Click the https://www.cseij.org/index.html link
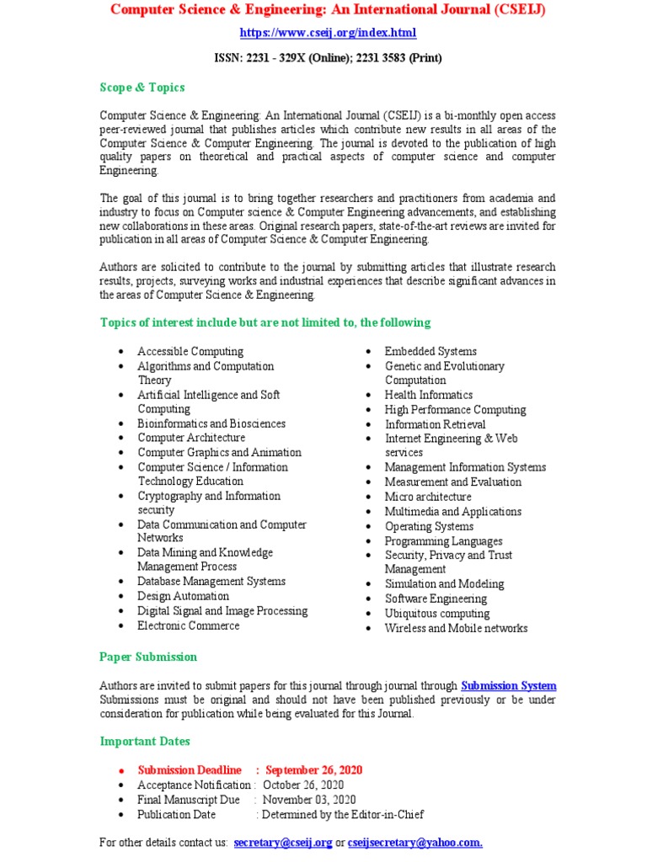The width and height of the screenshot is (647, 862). point(328,34)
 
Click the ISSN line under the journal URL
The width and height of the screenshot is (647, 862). point(328,58)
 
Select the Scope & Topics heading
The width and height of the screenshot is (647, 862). point(142,88)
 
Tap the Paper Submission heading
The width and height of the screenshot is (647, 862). point(148,657)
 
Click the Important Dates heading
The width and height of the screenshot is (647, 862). point(145,742)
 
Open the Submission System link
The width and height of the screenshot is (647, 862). point(509,686)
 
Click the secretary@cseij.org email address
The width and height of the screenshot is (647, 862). point(283,842)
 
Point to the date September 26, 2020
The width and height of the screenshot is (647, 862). point(314,770)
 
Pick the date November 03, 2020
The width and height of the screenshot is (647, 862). point(309,800)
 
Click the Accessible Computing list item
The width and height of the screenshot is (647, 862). point(190,352)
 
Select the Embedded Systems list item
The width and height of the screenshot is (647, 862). point(430,352)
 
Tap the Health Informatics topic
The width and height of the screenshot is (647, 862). point(429,395)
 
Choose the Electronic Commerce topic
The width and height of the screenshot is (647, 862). point(189,625)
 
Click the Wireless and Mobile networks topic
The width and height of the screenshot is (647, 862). point(456,628)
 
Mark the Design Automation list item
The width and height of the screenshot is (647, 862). point(183,596)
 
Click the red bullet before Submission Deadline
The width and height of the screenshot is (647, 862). point(121,771)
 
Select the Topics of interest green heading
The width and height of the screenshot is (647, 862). point(265,322)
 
